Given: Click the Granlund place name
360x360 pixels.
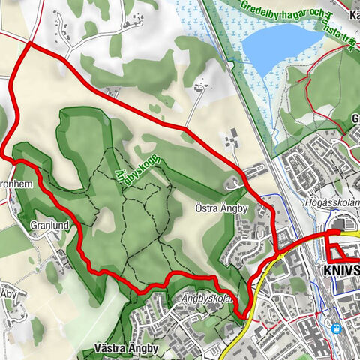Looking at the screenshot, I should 50,224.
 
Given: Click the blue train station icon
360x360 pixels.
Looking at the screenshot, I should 336,327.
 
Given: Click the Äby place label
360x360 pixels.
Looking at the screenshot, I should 8,292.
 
